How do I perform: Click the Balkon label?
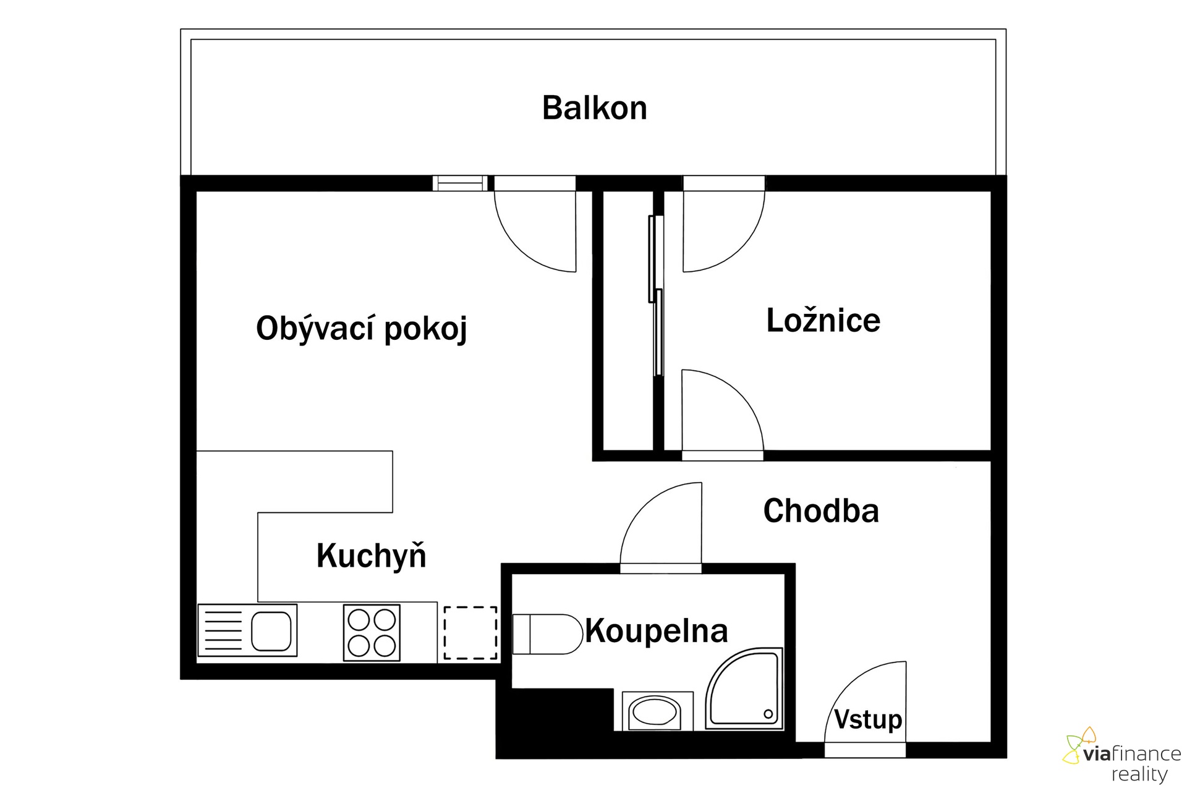[594, 108]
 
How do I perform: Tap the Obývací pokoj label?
[362, 328]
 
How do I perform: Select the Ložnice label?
[823, 320]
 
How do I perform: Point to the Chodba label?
[821, 510]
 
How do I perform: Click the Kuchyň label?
[371, 555]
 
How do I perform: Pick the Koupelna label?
[657, 631]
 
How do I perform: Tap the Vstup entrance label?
[868, 719]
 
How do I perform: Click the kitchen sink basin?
[271, 631]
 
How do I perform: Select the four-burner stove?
[372, 632]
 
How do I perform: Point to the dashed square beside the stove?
[470, 633]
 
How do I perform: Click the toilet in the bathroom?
[548, 634]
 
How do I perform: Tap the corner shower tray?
[744, 688]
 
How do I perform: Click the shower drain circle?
[768, 714]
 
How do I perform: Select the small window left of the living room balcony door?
[460, 184]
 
